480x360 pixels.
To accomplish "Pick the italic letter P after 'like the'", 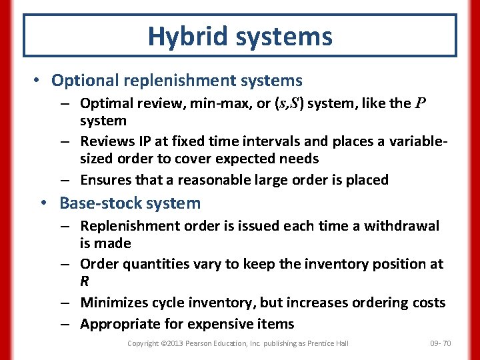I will pyautogui.click(x=420, y=103).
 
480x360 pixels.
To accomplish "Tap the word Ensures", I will pyautogui.click(x=106, y=180).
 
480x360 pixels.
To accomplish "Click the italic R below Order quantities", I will pyautogui.click(x=85, y=281).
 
